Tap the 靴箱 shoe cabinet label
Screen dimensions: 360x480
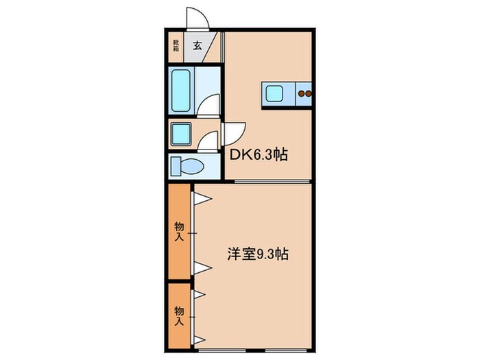176,47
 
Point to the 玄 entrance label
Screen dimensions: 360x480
197,47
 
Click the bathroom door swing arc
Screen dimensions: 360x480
211,105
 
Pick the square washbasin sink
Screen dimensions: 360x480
182,132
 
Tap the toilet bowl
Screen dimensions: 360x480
193,165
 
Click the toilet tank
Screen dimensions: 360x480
175,165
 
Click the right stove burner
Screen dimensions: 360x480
309,93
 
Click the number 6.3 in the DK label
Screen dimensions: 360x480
261,155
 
